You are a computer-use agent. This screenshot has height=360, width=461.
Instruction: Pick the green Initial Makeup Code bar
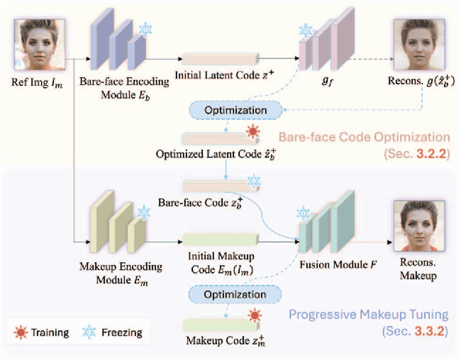point(220,240)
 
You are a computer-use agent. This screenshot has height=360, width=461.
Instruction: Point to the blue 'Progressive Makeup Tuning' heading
point(368,314)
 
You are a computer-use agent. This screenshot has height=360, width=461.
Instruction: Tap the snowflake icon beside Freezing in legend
point(91,332)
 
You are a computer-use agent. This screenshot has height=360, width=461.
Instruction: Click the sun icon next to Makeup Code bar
point(254,315)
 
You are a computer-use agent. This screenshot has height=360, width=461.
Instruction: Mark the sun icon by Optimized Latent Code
point(252,131)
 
